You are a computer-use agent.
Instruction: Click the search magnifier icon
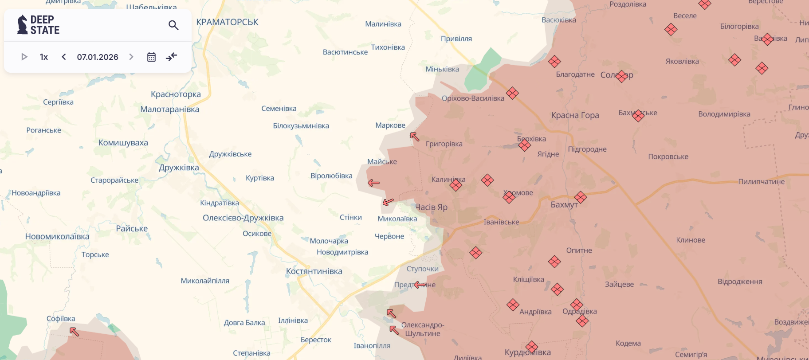tap(173, 25)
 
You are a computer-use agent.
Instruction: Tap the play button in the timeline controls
tap(24, 57)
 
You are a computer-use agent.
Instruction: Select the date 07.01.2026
tap(98, 57)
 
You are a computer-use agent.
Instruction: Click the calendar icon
tap(151, 57)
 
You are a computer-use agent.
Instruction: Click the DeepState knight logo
tap(22, 25)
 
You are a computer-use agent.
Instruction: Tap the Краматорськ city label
tap(227, 22)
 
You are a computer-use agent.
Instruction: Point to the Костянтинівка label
tap(314, 271)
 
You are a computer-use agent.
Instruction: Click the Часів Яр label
tap(431, 207)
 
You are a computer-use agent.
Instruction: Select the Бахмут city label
tap(564, 205)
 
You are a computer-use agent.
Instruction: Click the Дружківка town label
tap(179, 168)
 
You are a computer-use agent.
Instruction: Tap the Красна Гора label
tap(575, 115)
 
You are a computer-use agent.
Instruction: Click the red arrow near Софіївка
tap(74, 331)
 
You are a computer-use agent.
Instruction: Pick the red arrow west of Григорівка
tap(415, 137)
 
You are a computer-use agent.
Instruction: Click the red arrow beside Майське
tap(374, 183)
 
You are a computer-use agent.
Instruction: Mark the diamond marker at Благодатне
tap(554, 62)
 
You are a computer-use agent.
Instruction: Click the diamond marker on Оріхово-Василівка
tap(512, 93)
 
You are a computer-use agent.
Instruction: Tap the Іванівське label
tap(501, 222)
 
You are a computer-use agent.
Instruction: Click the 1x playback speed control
tap(44, 57)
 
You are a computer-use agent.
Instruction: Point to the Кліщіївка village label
tap(528, 279)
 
